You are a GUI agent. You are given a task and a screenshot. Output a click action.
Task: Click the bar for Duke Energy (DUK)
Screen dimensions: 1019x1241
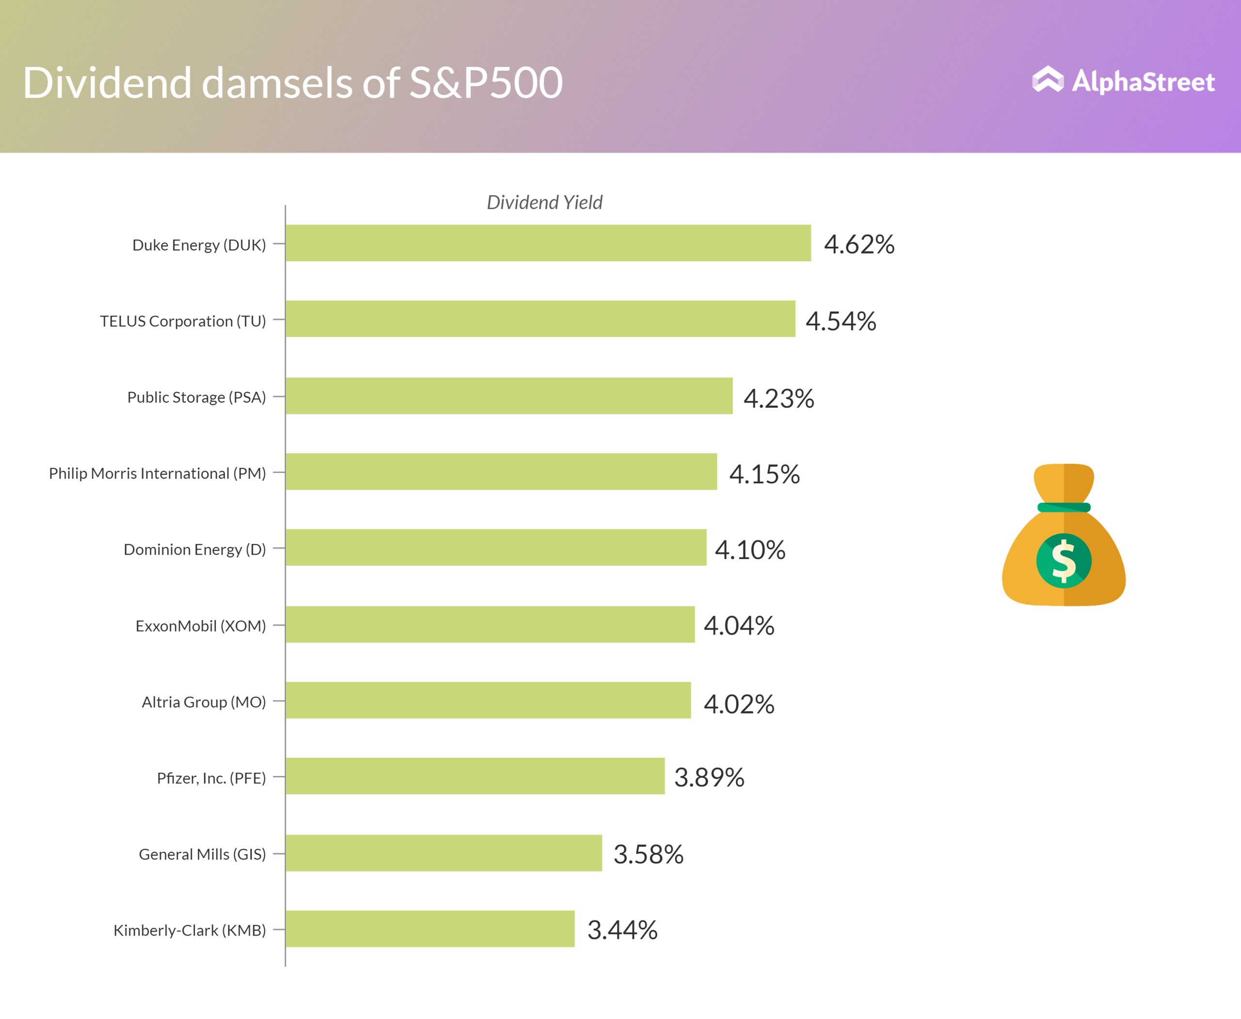pyautogui.click(x=548, y=243)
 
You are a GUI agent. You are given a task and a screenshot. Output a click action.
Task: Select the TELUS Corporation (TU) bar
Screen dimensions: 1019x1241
pyautogui.click(x=541, y=318)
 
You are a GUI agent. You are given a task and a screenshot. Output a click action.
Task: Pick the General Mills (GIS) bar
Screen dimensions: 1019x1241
pyautogui.click(x=444, y=853)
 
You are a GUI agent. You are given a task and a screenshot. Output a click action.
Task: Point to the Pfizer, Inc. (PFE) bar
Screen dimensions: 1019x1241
pyautogui.click(x=476, y=776)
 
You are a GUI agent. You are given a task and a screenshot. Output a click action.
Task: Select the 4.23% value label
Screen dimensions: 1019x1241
pyautogui.click(x=779, y=398)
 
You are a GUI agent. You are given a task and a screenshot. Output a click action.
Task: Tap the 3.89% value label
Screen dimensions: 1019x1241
pyautogui.click(x=709, y=777)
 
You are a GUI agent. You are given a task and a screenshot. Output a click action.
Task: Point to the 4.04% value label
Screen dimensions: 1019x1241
pyautogui.click(x=739, y=626)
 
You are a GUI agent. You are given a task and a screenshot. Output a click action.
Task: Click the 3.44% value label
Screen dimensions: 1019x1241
pyautogui.click(x=622, y=930)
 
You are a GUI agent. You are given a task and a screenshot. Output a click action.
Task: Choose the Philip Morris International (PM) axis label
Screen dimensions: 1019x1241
pyautogui.click(x=158, y=473)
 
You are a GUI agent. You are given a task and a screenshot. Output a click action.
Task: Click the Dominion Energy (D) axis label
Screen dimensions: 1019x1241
pyautogui.click(x=195, y=549)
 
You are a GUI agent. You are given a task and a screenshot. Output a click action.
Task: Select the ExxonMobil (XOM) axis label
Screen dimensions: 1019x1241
pyautogui.click(x=201, y=626)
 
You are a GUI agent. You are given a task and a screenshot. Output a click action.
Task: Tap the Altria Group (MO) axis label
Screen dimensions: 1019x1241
pyautogui.click(x=204, y=702)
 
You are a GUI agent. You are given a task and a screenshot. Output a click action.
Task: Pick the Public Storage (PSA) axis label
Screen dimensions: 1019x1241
pyautogui.click(x=197, y=398)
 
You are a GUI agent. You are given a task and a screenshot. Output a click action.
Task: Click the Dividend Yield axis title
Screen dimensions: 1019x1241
pyautogui.click(x=544, y=203)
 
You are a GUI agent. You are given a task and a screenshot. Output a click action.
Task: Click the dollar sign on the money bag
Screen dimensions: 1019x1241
pyautogui.click(x=1064, y=560)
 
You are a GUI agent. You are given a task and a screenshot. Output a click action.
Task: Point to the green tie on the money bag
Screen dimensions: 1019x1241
pyautogui.click(x=1064, y=507)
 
